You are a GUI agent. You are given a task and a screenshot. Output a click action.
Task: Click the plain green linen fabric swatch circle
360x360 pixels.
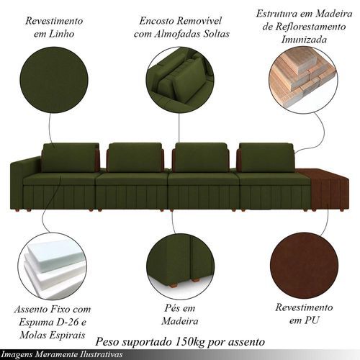(x=54, y=80)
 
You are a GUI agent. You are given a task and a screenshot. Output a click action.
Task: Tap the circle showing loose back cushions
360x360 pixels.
(x=179, y=80)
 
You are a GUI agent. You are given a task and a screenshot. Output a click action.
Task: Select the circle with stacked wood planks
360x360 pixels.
(x=303, y=80)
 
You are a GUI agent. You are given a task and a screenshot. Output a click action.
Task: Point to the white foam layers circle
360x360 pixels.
(x=52, y=266)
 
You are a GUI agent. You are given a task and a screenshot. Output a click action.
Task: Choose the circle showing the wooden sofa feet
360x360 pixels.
(x=180, y=266)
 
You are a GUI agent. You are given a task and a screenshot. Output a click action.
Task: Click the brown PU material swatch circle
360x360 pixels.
(x=304, y=266)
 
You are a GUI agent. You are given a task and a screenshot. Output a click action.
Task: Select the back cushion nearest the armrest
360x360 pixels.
(x=70, y=158)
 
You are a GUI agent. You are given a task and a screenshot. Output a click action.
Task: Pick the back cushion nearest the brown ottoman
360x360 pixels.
(x=266, y=158)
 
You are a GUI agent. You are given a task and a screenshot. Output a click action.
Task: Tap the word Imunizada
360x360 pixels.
(x=304, y=40)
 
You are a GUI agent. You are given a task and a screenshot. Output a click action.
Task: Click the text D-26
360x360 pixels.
(x=64, y=322)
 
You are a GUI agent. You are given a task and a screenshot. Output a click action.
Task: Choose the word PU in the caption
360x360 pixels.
(x=312, y=320)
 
